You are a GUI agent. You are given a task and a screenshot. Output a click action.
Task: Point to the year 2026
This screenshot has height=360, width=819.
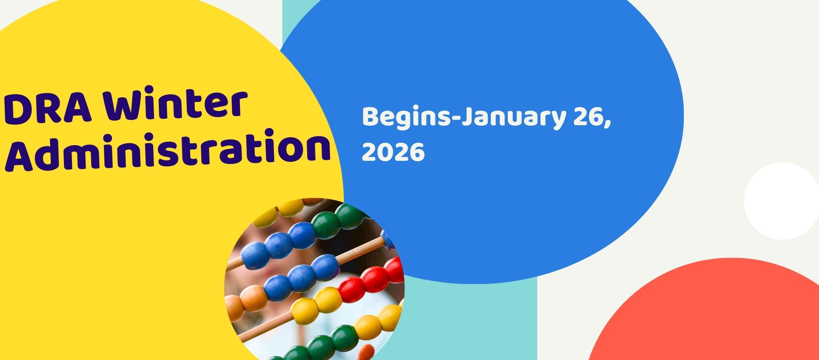click(x=393, y=152)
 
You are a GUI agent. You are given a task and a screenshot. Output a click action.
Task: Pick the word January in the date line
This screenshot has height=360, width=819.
click(x=514, y=119)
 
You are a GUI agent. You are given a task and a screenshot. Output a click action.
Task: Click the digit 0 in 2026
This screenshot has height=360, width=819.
click(x=385, y=152)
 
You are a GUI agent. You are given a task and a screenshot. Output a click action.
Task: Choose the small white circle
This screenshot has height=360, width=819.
click(x=782, y=201)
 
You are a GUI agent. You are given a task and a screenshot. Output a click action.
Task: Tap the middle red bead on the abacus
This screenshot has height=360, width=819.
click(x=375, y=279)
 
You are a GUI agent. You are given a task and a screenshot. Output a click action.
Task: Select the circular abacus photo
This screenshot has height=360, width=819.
click(x=314, y=279)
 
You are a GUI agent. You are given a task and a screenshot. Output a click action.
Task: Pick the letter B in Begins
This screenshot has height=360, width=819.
click(x=370, y=117)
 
